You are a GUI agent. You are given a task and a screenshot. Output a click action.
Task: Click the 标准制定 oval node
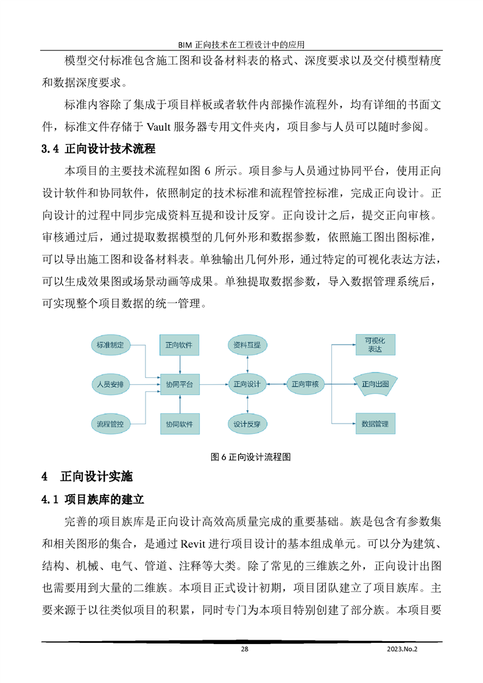point(110,345)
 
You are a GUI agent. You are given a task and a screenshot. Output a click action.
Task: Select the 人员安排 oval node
point(110,384)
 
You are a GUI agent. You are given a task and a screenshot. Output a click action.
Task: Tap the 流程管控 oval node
point(110,423)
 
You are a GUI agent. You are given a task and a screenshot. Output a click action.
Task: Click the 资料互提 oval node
point(247,345)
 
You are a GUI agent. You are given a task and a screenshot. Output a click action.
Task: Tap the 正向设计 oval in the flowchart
point(247,384)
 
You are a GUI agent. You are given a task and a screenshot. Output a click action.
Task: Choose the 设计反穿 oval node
point(247,423)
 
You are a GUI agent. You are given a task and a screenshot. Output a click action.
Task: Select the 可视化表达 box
point(375,345)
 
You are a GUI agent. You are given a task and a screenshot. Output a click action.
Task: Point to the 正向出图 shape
point(375,384)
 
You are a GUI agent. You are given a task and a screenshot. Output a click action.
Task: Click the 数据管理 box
point(375,423)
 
